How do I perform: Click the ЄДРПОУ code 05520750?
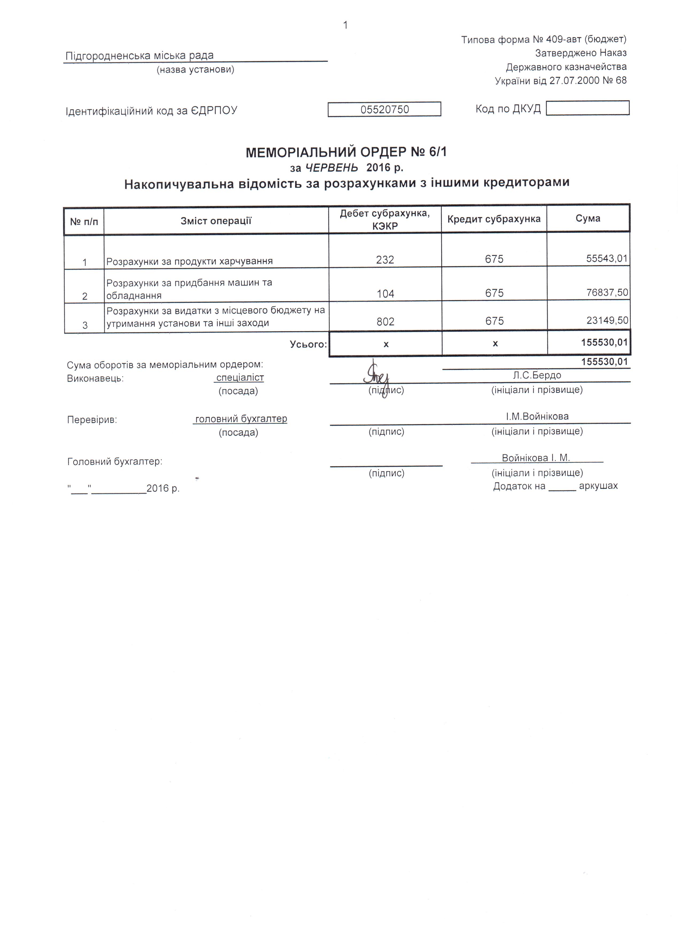[x=384, y=110]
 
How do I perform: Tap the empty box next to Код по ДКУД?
[x=587, y=108]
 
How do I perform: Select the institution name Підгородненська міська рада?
[x=140, y=55]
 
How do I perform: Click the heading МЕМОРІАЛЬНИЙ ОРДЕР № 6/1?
[x=346, y=153]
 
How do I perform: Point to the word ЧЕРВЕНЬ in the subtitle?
[x=332, y=168]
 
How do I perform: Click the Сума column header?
[x=588, y=218]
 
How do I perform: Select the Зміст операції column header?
[x=216, y=221]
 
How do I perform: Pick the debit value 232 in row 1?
[x=385, y=260]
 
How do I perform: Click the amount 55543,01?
[x=607, y=259]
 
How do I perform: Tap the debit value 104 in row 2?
[x=385, y=294]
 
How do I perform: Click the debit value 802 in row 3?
[x=385, y=321]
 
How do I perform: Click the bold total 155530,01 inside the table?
[x=604, y=342]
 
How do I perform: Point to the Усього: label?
[x=308, y=344]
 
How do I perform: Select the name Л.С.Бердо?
[x=537, y=375]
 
